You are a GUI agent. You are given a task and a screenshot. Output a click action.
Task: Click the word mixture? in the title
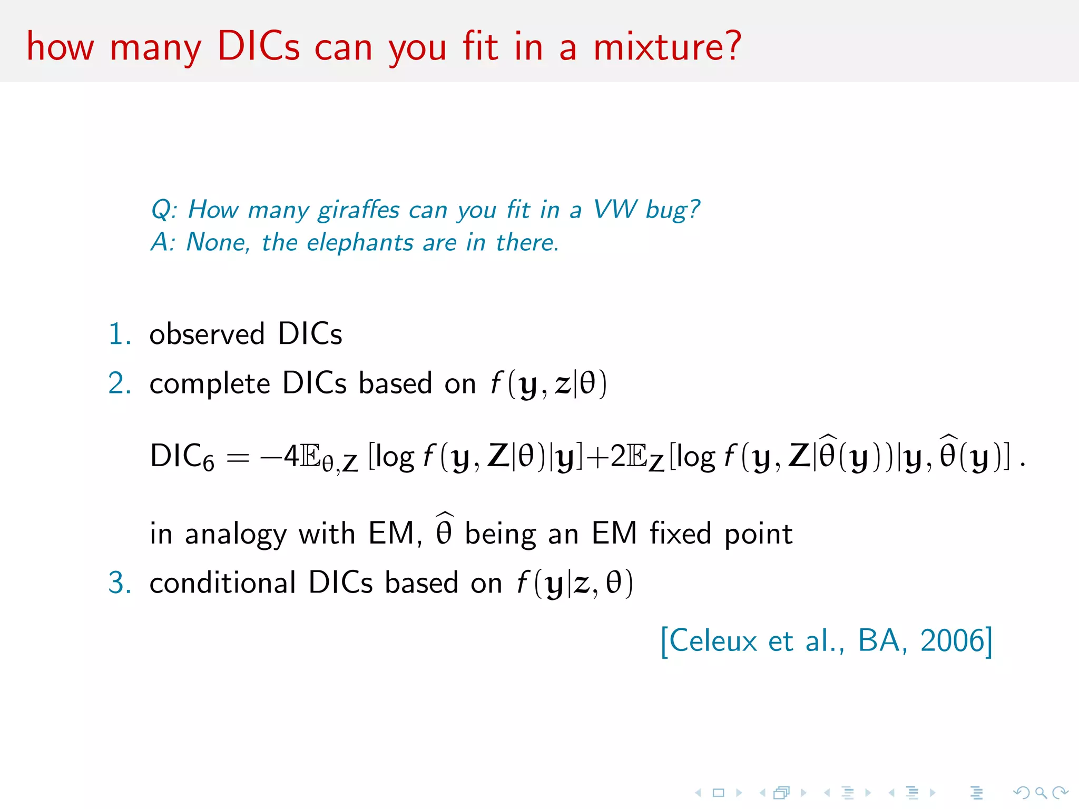[x=667, y=46]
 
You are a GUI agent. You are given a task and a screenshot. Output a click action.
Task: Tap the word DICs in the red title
[x=258, y=46]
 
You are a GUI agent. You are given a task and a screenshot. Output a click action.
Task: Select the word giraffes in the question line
[x=359, y=210]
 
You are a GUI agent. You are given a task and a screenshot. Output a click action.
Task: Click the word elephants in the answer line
[x=360, y=243]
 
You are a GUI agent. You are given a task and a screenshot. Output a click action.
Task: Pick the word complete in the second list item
[x=210, y=384]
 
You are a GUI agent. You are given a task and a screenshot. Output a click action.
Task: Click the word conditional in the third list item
[x=223, y=583]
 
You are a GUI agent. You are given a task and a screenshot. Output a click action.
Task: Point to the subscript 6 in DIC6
[x=209, y=464]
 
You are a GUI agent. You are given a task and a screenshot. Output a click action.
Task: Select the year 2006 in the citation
[x=952, y=641]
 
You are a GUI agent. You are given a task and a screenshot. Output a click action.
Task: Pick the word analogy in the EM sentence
[x=236, y=535]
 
